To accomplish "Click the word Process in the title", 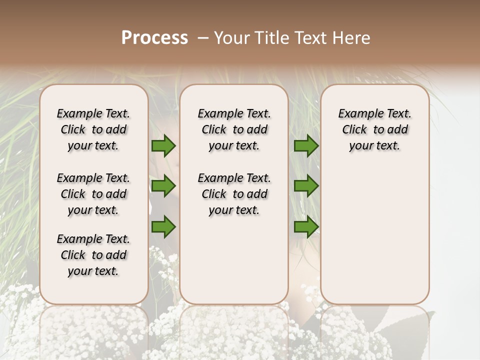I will tap(154, 38).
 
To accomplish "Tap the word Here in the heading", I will tap(351, 38).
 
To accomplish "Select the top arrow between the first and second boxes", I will tap(163, 146).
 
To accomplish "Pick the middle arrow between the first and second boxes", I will tap(163, 186).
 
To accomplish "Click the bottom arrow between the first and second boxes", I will tap(163, 226).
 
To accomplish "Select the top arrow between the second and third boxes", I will tap(305, 146).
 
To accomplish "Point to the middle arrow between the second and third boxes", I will tap(305, 186).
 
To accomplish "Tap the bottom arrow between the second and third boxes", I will tap(305, 226).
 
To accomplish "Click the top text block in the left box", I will tap(93, 129).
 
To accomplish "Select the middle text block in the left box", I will tap(93, 194).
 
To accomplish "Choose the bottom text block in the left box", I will tap(93, 255).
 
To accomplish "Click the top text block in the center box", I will tap(234, 129).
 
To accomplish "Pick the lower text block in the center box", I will tap(234, 194).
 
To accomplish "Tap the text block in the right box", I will tap(375, 129).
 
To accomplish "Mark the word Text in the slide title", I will tap(309, 38).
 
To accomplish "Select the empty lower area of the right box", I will tap(375, 230).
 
